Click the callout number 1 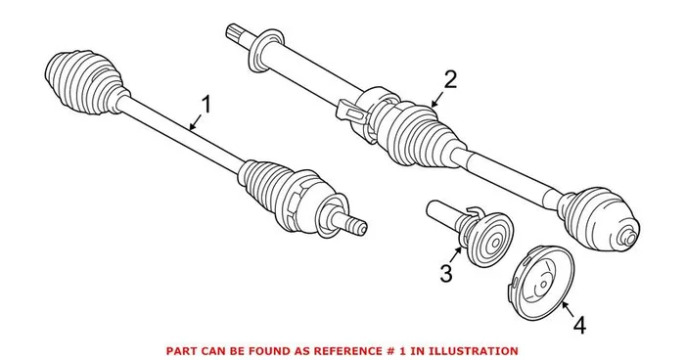point(205,103)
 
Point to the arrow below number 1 point(196,121)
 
